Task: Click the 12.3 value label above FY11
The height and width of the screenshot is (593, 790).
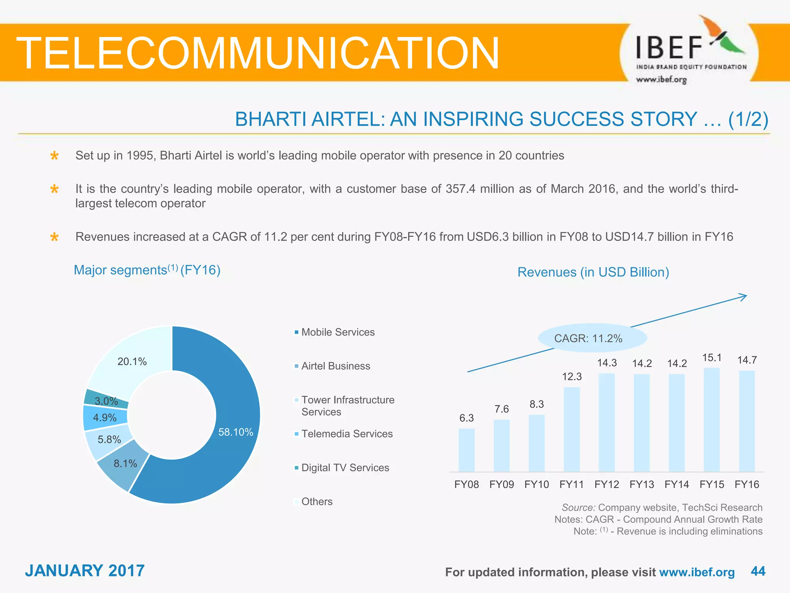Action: click(572, 376)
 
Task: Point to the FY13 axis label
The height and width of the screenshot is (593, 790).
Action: click(641, 485)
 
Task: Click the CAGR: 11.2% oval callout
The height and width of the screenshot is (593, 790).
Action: click(592, 338)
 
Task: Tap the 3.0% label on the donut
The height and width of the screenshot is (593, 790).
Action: click(106, 401)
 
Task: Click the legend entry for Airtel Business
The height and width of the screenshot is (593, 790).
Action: click(335, 366)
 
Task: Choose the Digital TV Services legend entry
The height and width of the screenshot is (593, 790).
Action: click(345, 468)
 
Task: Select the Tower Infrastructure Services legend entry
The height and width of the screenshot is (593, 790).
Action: click(347, 405)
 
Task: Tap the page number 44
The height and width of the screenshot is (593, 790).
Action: click(758, 571)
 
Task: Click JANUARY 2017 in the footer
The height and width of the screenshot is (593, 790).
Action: click(85, 571)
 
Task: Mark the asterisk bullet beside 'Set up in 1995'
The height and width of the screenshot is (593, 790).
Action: click(54, 156)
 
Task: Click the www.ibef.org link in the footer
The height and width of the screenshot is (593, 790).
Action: click(697, 572)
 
